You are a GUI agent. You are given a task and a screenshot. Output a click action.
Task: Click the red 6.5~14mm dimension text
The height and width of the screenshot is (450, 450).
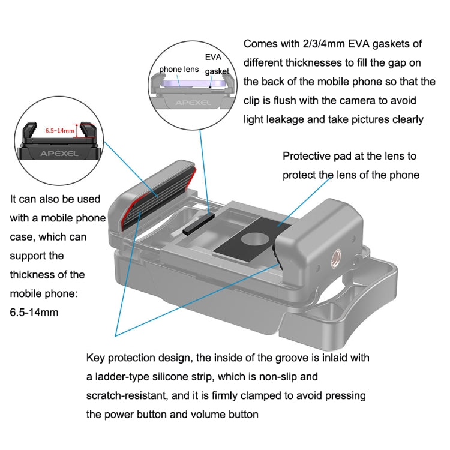(x=60, y=130)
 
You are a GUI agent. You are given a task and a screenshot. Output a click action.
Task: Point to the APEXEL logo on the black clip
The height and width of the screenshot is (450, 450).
(x=58, y=152)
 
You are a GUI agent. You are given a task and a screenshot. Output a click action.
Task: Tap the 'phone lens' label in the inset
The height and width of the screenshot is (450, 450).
(x=179, y=70)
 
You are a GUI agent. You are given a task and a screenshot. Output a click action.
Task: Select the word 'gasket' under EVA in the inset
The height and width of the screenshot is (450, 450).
(x=217, y=71)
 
